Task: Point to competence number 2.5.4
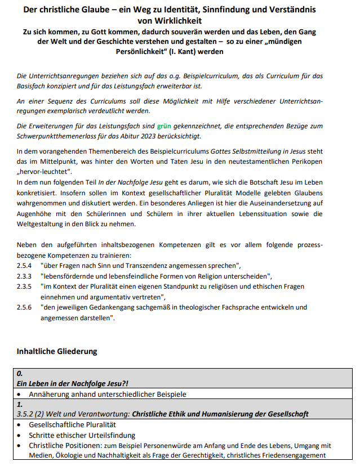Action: tap(24, 265)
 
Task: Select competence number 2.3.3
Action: tap(24, 276)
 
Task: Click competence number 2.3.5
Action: tap(24, 286)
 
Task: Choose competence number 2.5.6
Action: tap(24, 307)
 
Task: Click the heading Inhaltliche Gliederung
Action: tap(57, 351)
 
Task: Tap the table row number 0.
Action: tap(20, 373)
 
